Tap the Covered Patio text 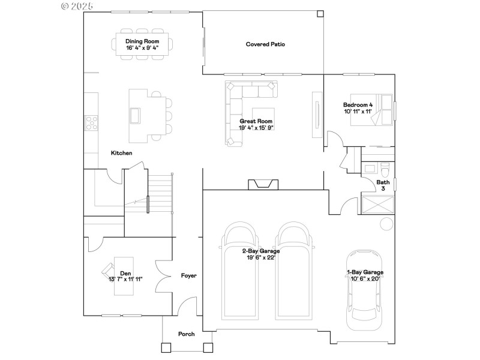point(265,44)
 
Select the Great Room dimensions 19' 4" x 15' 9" point(256,127)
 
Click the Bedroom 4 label point(358,104)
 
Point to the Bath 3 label point(382,185)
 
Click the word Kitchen point(121,153)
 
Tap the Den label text point(125,273)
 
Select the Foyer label point(188,276)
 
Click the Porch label point(187,334)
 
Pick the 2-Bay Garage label point(261,251)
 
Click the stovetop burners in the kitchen point(92,123)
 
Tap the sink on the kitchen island point(135,115)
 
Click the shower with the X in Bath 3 point(378,203)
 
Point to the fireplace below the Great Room point(264,184)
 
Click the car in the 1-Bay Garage point(364,288)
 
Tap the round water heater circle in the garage point(387,224)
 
